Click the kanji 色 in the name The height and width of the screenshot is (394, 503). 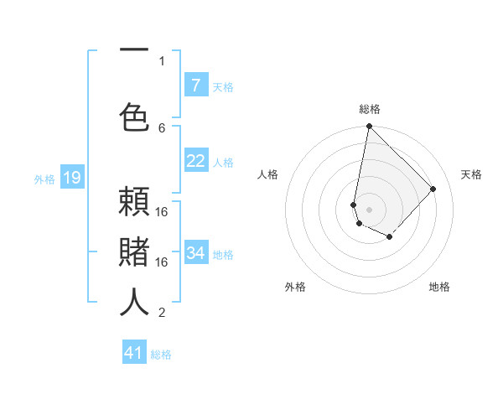pyautogui.click(x=134, y=116)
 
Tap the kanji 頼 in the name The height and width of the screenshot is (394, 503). pyautogui.click(x=134, y=203)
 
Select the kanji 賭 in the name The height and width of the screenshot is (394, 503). pyautogui.click(x=134, y=252)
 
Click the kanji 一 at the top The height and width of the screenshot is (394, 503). pyautogui.click(x=134, y=50)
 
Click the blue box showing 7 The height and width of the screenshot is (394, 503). pyautogui.click(x=195, y=86)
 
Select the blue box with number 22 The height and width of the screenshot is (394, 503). pyautogui.click(x=195, y=161)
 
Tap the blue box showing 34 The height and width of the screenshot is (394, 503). pyautogui.click(x=195, y=252)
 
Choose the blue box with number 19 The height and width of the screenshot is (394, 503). pyautogui.click(x=71, y=178)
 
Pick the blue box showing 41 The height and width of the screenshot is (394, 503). pyautogui.click(x=134, y=353)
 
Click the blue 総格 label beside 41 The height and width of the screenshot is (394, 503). pyautogui.click(x=161, y=355)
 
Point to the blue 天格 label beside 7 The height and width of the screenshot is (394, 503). pyautogui.click(x=223, y=87)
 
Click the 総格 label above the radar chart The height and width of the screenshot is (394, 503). pyautogui.click(x=369, y=109)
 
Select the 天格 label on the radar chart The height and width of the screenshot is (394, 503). pyautogui.click(x=471, y=174)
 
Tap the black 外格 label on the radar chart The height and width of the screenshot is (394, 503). pyautogui.click(x=294, y=287)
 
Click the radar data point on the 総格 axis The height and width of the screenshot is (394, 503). pyautogui.click(x=369, y=127)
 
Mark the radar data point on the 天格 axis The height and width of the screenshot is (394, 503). pyautogui.click(x=433, y=189)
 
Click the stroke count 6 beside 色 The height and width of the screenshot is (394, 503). pyautogui.click(x=162, y=127)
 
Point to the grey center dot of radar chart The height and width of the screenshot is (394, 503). pyautogui.click(x=369, y=210)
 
